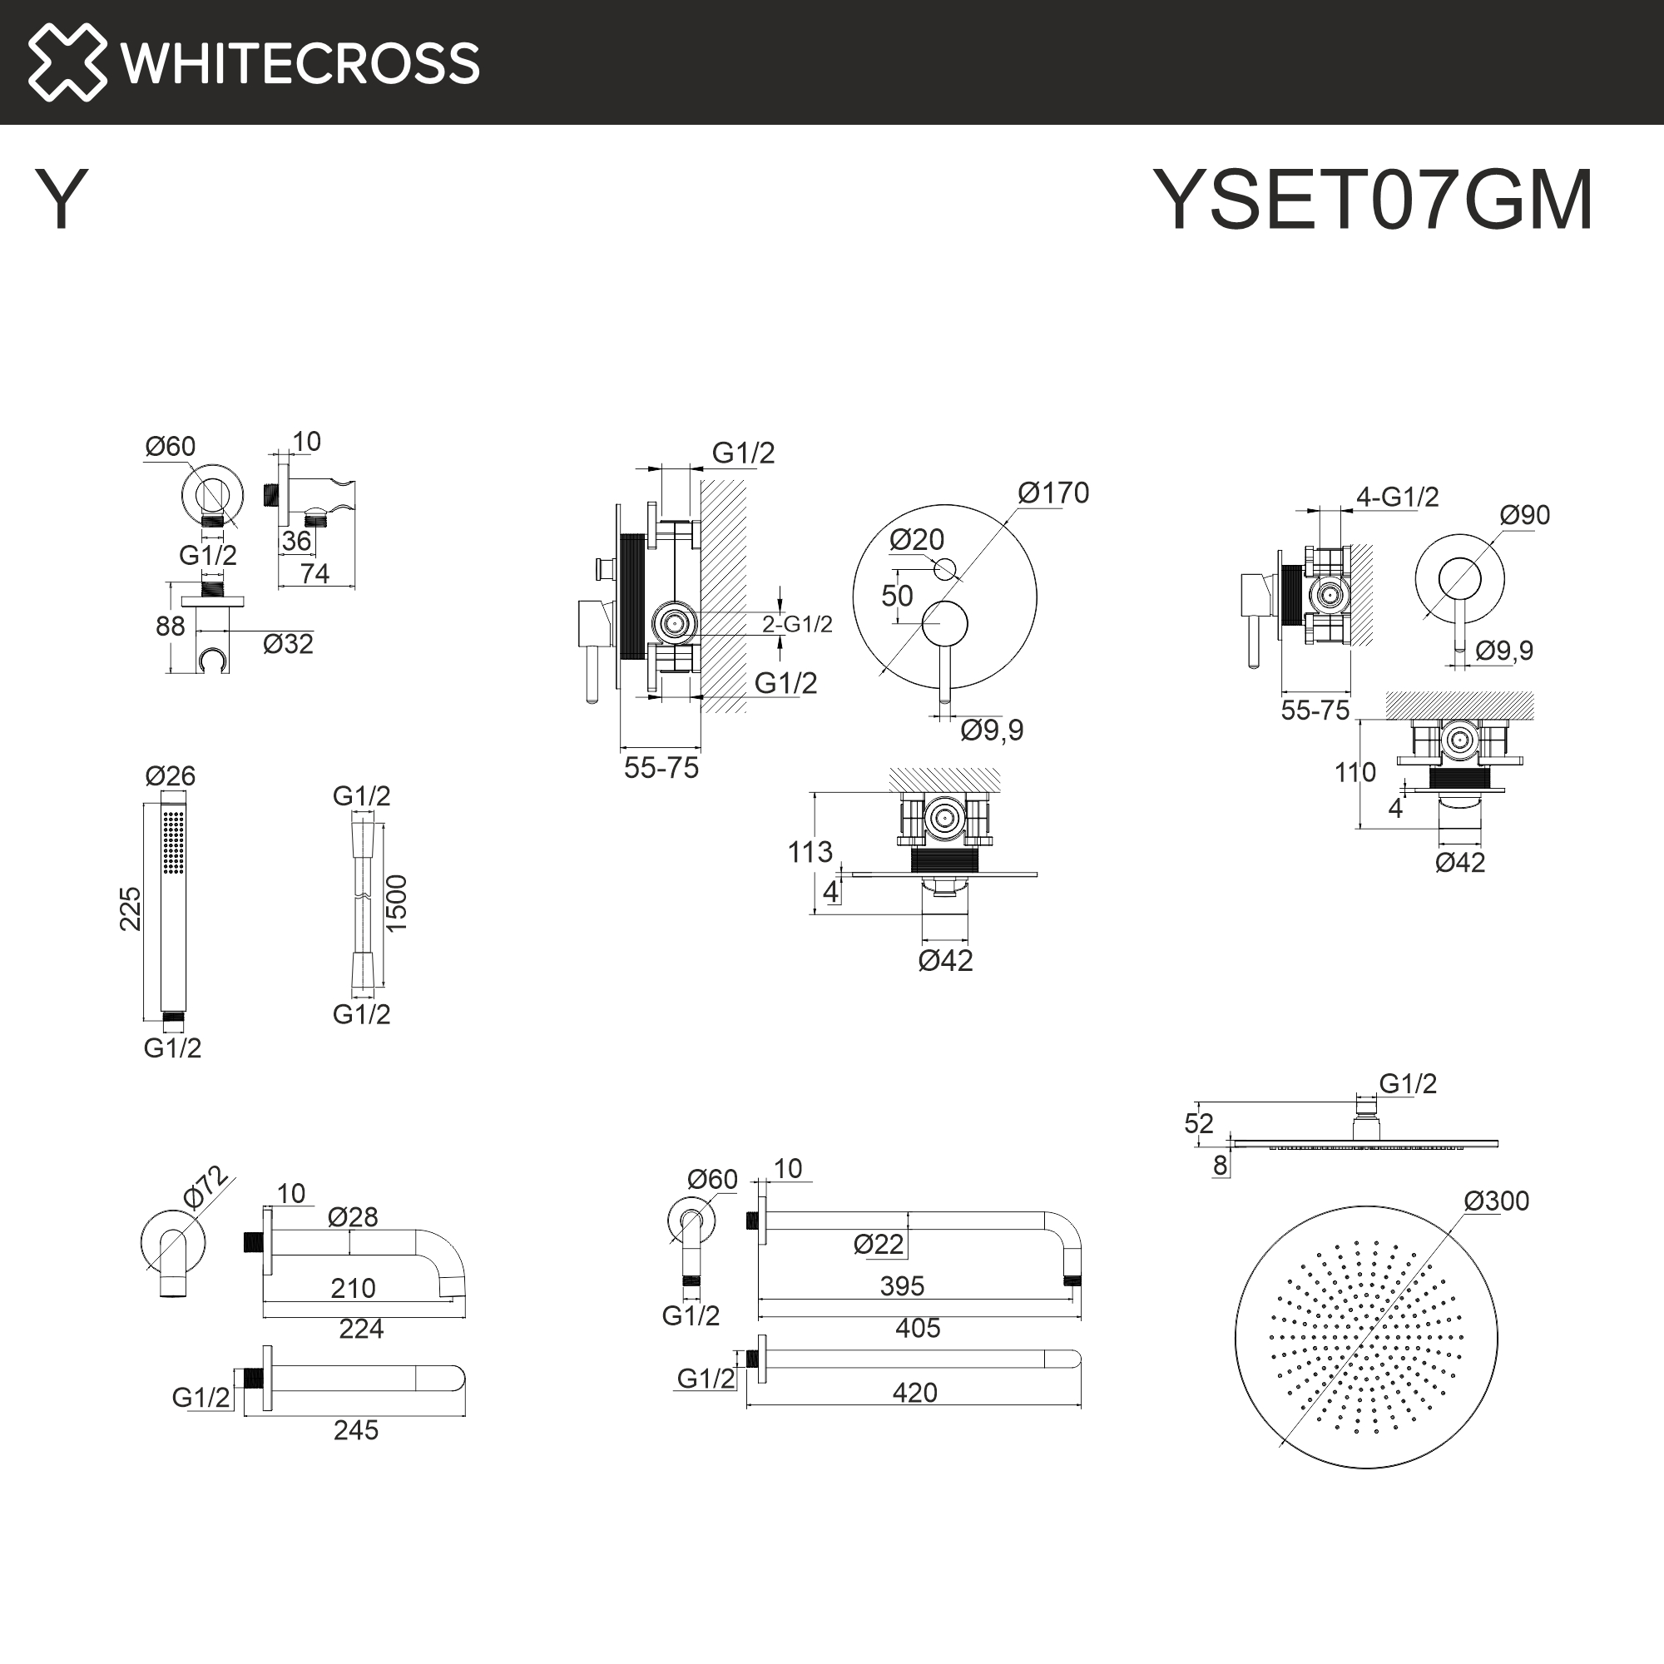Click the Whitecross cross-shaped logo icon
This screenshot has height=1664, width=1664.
[67, 62]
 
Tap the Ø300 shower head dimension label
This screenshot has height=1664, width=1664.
[1496, 1201]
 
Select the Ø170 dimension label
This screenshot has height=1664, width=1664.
[1052, 493]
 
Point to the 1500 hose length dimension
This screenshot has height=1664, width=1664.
[396, 903]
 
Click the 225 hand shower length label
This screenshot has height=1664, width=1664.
[130, 909]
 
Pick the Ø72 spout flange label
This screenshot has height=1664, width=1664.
[205, 1187]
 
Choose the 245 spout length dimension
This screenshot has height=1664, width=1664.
[356, 1430]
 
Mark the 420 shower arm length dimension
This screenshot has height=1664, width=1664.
[914, 1393]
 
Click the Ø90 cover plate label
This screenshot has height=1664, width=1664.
[1524, 515]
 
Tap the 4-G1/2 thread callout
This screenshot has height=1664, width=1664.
[1397, 497]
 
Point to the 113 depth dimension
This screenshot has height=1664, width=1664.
[810, 853]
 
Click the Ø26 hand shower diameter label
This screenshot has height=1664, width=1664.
[171, 776]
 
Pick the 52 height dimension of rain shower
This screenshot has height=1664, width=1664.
[1198, 1124]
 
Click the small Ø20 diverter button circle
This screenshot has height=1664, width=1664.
[945, 569]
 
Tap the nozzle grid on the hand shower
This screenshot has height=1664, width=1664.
[173, 841]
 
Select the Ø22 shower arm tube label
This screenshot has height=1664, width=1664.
[879, 1245]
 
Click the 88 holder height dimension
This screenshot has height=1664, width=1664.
[171, 626]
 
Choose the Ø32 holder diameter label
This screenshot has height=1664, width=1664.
[288, 644]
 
